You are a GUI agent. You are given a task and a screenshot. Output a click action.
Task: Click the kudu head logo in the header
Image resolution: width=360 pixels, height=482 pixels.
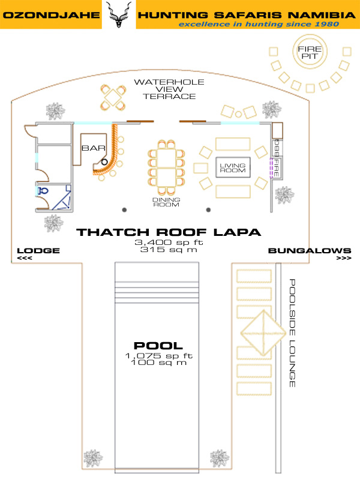pyautogui.click(x=119, y=14)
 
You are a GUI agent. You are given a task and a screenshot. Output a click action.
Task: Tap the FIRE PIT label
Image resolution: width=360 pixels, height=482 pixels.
pyautogui.click(x=310, y=52)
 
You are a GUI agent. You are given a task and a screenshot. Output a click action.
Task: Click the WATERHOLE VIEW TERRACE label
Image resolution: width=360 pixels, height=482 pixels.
pyautogui.click(x=169, y=89)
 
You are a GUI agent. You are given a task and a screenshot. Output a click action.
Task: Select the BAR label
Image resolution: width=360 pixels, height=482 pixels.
pyautogui.click(x=94, y=148)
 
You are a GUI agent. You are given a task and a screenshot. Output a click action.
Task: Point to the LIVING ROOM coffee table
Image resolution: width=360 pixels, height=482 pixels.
pyautogui.click(x=233, y=167)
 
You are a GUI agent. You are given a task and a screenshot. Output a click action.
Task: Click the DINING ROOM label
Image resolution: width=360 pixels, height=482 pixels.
pyautogui.click(x=166, y=202)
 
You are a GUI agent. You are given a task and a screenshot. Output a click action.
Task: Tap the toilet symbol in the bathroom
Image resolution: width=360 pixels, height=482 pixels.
pyautogui.click(x=43, y=191)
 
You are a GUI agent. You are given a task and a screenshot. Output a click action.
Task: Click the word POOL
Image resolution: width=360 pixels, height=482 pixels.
pyautogui.click(x=158, y=346)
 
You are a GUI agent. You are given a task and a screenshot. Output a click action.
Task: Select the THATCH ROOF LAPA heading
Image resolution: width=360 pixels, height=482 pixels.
pyautogui.click(x=169, y=232)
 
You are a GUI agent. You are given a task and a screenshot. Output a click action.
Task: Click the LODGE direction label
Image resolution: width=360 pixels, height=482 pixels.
pyautogui.click(x=38, y=250)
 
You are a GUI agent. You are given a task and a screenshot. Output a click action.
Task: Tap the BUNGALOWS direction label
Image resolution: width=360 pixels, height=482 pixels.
pyautogui.click(x=310, y=250)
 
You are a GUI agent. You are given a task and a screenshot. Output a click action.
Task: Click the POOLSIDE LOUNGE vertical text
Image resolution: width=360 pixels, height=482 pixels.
pyautogui.click(x=292, y=333)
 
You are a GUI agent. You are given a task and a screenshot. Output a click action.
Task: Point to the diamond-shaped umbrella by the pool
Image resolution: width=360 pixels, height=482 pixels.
pyautogui.click(x=263, y=333)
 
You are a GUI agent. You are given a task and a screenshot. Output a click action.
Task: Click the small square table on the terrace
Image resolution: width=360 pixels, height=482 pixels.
pyautogui.click(x=113, y=98)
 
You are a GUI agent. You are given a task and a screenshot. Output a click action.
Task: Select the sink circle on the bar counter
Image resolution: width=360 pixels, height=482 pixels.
pyautogui.click(x=104, y=162)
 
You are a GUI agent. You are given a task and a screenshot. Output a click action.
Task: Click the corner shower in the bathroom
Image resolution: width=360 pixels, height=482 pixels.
pyautogui.click(x=61, y=197)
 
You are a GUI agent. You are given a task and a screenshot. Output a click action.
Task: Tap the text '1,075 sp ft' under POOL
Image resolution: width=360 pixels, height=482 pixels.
pyautogui.click(x=159, y=356)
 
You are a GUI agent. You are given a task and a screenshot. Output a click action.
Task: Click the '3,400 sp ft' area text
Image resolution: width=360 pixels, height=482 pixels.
pyautogui.click(x=169, y=243)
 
